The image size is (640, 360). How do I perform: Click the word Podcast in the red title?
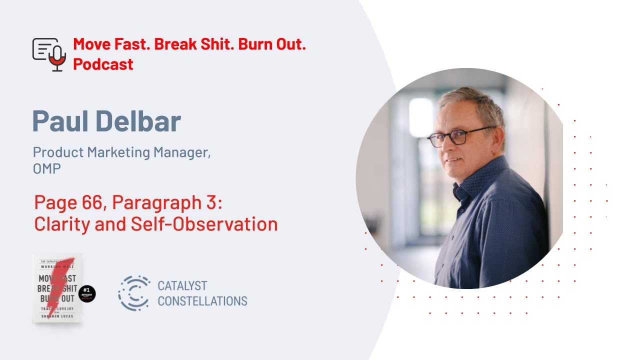pyautogui.click(x=103, y=64)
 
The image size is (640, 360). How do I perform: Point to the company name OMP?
pyautogui.click(x=47, y=169)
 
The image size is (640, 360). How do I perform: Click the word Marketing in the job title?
pyautogui.click(x=114, y=152)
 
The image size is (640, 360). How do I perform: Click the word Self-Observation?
pyautogui.click(x=204, y=224)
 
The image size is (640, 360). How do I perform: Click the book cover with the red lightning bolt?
pyautogui.click(x=57, y=287)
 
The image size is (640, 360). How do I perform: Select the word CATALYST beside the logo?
pyautogui.click(x=182, y=286)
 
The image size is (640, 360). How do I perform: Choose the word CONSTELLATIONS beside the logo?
pyautogui.click(x=202, y=301)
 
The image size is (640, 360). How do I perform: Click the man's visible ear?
pyautogui.click(x=500, y=145)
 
